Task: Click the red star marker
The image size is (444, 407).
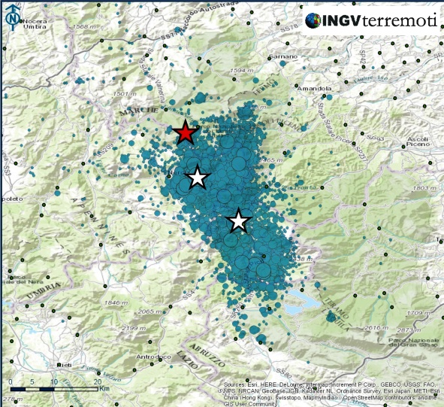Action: [x=186, y=133]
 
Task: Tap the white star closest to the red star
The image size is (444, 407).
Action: [x=197, y=178]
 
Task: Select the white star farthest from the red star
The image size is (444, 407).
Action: [x=239, y=221]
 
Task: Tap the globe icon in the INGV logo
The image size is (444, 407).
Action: [x=314, y=20]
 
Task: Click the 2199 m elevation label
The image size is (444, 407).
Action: [x=134, y=329]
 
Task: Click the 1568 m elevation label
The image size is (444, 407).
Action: [x=88, y=27]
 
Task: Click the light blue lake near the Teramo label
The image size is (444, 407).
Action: [x=302, y=304]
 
